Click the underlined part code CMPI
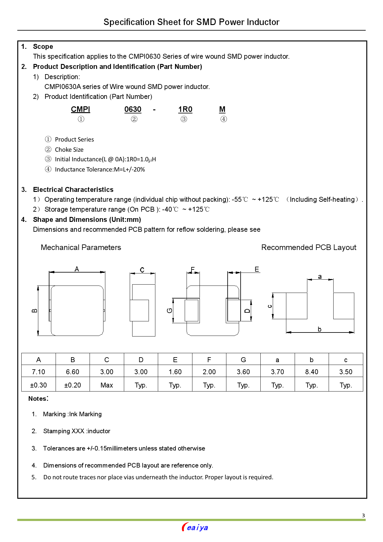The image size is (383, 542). point(80,109)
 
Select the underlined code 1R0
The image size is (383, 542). point(185,109)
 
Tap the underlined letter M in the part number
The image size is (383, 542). point(222,109)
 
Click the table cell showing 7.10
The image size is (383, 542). point(38,372)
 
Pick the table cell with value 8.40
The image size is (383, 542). point(311,372)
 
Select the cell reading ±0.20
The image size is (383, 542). point(73,385)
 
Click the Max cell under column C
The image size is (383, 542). point(107,385)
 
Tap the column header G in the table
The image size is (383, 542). point(243,360)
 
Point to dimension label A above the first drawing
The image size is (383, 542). point(77,269)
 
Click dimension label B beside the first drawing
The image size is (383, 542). point(35,311)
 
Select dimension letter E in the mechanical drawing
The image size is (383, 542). point(256,269)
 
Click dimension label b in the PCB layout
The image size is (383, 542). point(319,329)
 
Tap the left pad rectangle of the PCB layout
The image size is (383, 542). point(297,306)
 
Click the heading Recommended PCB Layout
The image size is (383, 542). point(309,248)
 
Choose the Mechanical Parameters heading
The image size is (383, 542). point(81,248)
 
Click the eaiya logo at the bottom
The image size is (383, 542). point(195,527)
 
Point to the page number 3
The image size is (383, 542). point(363,515)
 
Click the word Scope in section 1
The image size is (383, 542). point(43,47)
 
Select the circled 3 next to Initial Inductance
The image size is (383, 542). point(48,159)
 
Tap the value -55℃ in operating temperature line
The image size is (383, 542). point(240,200)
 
